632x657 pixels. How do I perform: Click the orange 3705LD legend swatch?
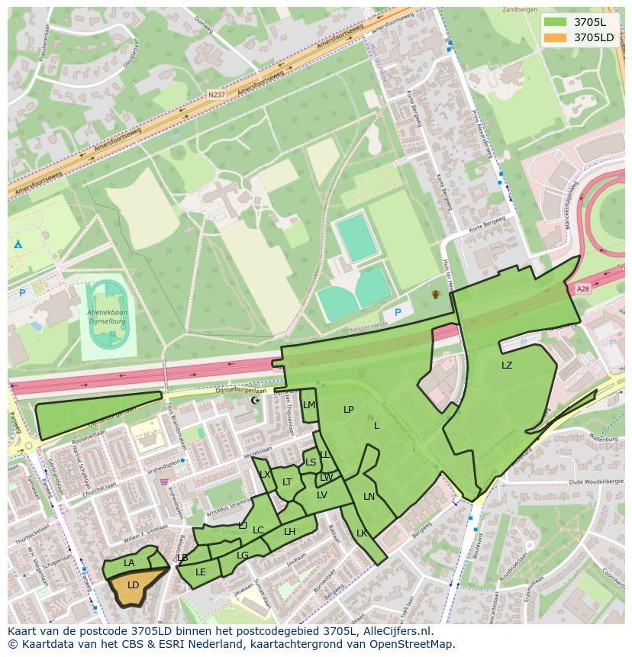pos(556,37)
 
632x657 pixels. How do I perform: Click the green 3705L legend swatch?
pos(556,21)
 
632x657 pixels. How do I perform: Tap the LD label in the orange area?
pos(133,585)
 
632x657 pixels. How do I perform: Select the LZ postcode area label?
pos(507,366)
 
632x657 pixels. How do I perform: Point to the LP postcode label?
pos(349,410)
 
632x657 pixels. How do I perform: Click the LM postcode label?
pos(308,405)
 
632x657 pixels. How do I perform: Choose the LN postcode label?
pos(369,497)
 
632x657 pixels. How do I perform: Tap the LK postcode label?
pos(362,533)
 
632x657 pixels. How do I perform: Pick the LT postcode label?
pos(287,482)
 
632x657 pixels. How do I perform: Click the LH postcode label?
pos(289,532)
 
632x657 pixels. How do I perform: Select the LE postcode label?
pos(201,572)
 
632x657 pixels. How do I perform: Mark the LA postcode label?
pos(129,563)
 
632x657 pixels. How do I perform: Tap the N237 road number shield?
pos(216,96)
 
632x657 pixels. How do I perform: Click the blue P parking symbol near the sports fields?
pos(397,312)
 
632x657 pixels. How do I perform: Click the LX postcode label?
pos(265,475)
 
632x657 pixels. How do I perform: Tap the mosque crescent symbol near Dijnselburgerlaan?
pos(255,400)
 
